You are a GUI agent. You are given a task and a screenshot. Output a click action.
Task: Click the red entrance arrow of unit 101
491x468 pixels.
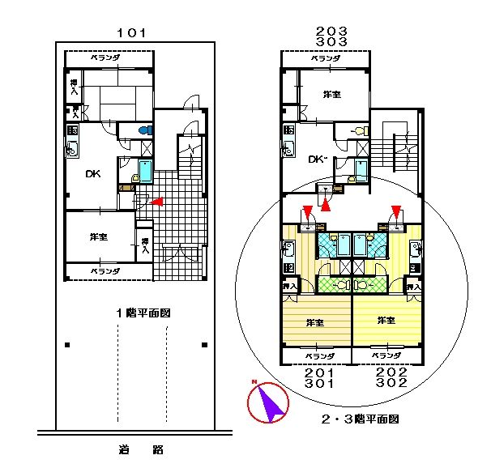click(x=159, y=201)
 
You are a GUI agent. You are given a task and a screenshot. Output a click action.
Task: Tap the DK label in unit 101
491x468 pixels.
click(x=94, y=172)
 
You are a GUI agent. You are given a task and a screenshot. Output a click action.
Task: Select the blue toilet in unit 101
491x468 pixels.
click(x=145, y=130)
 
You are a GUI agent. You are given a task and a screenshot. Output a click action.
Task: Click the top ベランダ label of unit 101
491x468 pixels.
click(x=105, y=57)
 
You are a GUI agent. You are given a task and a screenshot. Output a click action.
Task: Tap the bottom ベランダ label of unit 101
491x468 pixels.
click(x=105, y=270)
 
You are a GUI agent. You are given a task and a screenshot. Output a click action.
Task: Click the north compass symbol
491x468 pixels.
click(x=270, y=402)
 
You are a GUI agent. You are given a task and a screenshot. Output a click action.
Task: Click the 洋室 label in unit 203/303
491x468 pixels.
click(x=331, y=95)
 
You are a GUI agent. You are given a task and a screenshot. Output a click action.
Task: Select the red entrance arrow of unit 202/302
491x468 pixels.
click(x=395, y=213)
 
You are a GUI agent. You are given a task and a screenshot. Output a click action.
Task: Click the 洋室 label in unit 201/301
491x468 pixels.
click(x=315, y=321)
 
